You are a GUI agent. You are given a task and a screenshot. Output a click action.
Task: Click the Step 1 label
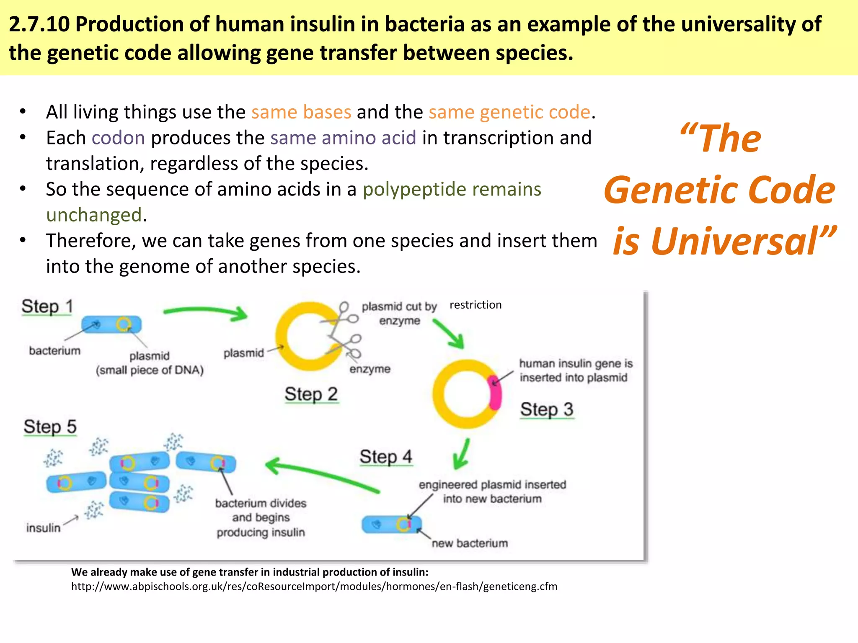(x=47, y=306)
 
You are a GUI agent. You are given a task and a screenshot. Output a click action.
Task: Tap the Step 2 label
(x=311, y=394)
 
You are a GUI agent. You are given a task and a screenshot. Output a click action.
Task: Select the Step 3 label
(x=546, y=409)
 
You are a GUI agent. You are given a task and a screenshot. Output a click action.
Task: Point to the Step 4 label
(x=386, y=457)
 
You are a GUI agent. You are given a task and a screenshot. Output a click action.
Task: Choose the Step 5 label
(x=50, y=427)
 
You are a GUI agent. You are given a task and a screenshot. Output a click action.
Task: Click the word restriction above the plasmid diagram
(x=476, y=305)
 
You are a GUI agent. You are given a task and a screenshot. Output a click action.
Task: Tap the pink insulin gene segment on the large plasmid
(x=495, y=393)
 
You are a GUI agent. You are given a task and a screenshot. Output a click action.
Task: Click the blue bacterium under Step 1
(x=111, y=324)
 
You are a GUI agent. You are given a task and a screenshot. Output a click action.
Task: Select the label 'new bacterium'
(x=470, y=543)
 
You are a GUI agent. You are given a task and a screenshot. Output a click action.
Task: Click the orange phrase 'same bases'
(x=301, y=112)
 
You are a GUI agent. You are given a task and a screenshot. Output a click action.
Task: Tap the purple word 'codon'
(x=119, y=138)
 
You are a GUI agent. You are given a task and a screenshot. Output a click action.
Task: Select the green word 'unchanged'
(x=94, y=215)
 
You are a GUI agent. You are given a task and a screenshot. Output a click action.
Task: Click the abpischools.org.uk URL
(x=314, y=586)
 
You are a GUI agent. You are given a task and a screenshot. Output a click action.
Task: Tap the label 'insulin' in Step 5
(x=43, y=528)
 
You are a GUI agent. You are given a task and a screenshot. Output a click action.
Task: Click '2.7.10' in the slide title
(x=39, y=24)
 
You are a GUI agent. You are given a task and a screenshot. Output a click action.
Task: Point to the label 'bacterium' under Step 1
(x=54, y=351)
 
